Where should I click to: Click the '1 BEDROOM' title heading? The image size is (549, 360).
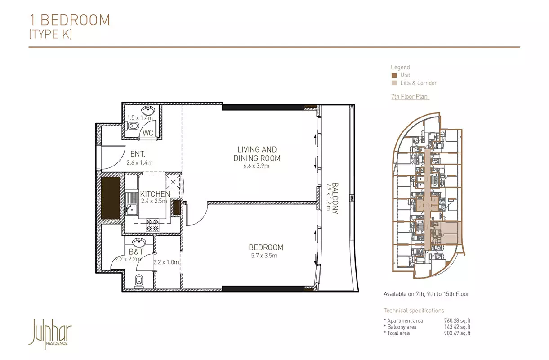pos(70,20)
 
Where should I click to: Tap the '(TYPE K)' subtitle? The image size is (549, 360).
pos(50,34)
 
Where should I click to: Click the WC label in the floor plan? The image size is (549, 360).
pos(148,133)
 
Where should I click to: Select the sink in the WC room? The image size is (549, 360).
pos(148,111)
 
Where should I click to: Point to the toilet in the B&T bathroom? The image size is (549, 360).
pos(139,281)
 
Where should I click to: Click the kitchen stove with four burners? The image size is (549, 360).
pos(152,225)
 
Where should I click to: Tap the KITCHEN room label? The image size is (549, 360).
pos(155,194)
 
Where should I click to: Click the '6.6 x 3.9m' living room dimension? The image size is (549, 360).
pos(256,166)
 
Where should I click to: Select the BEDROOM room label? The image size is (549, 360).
pos(266,247)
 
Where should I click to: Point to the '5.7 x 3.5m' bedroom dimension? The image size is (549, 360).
pos(264,256)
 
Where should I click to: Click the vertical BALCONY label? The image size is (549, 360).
pos(335,198)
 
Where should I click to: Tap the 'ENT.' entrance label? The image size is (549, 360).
pos(138,154)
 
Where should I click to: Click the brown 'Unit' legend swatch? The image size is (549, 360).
pos(394,75)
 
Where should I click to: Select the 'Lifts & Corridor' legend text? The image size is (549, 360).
pos(418,83)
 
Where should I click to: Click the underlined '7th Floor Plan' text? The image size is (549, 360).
pos(409,96)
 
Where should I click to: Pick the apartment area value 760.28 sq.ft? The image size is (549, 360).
pos(457,320)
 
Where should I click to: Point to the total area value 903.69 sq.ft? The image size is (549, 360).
pos(457,333)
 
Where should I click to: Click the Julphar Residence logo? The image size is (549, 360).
pos(50,333)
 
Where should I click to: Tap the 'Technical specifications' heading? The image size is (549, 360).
pos(414,310)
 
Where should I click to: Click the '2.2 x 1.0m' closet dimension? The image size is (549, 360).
pos(166,262)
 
